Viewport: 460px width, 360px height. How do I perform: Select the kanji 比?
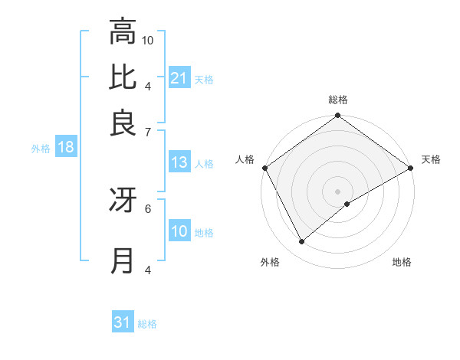click(123, 77)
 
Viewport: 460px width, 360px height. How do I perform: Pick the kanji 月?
click(123, 260)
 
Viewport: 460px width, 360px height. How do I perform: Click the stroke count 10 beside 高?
click(148, 40)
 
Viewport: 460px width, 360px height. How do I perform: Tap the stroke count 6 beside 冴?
click(148, 207)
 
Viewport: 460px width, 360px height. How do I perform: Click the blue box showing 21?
click(179, 77)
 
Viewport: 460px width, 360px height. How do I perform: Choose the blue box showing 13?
click(179, 162)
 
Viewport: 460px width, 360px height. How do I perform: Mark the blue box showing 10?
click(179, 232)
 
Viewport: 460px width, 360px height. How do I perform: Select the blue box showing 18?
click(66, 148)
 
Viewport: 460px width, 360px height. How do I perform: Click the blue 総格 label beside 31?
click(147, 324)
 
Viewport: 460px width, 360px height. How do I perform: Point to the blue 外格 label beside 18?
click(41, 149)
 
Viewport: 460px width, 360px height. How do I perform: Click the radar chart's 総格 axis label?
click(338, 100)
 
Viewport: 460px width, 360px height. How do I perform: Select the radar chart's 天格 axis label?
click(431, 159)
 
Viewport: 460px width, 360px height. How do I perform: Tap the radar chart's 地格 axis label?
click(402, 262)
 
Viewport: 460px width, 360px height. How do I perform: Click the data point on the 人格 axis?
click(264, 168)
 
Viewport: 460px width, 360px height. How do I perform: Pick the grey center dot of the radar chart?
click(338, 191)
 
